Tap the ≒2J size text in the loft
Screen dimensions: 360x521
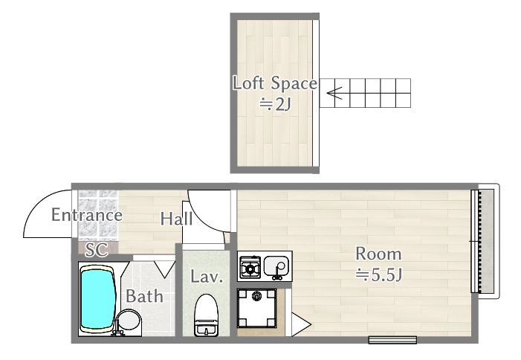pyautogui.click(x=274, y=104)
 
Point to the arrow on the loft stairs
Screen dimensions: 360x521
pyautogui.click(x=334, y=94)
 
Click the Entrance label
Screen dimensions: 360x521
pyautogui.click(x=86, y=216)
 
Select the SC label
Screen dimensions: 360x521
pyautogui.click(x=94, y=249)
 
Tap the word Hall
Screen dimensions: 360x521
pyautogui.click(x=177, y=219)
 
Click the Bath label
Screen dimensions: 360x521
pyautogui.click(x=144, y=296)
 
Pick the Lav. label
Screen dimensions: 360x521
pyautogui.click(x=207, y=277)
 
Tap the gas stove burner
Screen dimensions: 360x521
pyautogui.click(x=250, y=266)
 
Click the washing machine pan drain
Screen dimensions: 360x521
pyautogui.click(x=257, y=297)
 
